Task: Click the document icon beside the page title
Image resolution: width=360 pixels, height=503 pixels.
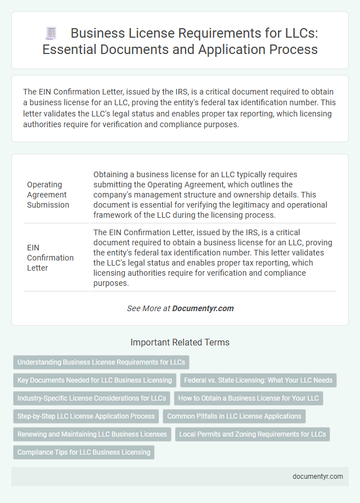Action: pos(51,34)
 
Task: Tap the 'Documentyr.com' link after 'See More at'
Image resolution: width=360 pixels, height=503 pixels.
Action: pos(202,308)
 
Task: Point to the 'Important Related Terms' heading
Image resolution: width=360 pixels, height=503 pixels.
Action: pos(180,342)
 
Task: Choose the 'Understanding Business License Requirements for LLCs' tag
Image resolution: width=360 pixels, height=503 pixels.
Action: pos(101,362)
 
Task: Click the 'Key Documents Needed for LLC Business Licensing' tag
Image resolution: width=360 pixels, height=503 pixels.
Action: pos(94,380)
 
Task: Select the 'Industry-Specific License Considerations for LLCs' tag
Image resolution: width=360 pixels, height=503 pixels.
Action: pos(92,398)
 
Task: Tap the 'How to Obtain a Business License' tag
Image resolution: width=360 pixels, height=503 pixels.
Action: pos(249,398)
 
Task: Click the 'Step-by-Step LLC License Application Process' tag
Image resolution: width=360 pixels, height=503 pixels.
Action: pos(86,416)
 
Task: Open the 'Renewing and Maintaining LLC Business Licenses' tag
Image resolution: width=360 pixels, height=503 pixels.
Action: pos(92,434)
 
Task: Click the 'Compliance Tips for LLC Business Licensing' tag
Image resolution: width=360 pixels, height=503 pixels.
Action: pos(84,452)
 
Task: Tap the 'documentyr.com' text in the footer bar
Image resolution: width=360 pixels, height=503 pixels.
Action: pos(318,476)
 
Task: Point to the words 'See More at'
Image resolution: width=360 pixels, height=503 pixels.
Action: pos(148,308)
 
